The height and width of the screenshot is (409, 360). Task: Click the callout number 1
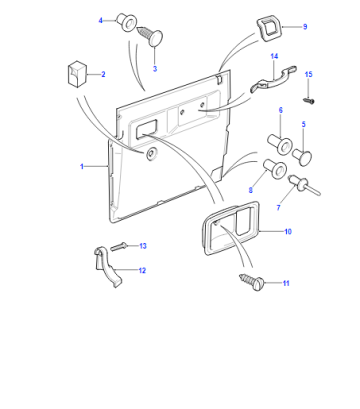(82, 166)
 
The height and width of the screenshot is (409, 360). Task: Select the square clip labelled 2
(77, 74)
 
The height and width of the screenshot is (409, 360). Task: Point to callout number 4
(100, 21)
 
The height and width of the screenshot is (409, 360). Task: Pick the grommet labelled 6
(280, 143)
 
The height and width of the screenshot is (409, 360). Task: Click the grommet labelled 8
(275, 168)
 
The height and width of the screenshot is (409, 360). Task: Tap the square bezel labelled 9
(269, 29)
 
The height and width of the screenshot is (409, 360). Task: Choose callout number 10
(288, 231)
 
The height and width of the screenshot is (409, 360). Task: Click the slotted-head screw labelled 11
(251, 283)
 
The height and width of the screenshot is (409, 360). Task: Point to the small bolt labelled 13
(118, 247)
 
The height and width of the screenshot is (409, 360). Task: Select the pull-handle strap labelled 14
(273, 80)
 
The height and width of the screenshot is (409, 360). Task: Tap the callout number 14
(274, 56)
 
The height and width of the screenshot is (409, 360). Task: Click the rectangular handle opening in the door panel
(146, 129)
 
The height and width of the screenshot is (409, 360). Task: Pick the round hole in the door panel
(151, 153)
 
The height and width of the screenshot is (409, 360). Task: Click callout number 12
(142, 270)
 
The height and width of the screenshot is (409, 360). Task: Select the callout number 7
(278, 208)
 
